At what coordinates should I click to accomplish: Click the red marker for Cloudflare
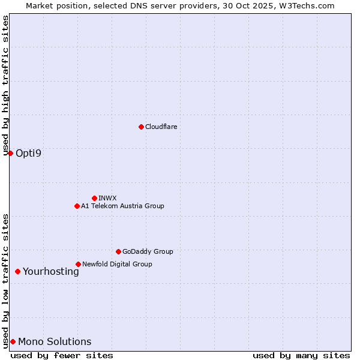141,127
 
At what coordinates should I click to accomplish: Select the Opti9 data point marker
10,153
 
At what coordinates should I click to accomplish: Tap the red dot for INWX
94,198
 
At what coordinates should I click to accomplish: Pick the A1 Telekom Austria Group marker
77,206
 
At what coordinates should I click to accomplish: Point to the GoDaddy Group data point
118,251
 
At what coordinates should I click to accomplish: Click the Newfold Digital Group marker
78,264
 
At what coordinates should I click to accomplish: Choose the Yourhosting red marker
17,271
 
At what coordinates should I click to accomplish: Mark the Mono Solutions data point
13,341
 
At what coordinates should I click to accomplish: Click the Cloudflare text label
161,127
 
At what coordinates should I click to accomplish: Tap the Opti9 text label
28,153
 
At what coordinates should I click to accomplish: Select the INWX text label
107,198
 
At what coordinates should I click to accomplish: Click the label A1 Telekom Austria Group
122,206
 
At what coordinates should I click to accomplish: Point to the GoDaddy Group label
148,251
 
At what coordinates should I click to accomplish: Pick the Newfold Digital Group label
117,264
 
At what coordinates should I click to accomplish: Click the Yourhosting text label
50,271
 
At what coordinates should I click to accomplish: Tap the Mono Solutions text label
55,341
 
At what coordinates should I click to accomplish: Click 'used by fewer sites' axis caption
62,355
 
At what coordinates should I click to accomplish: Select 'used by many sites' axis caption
301,355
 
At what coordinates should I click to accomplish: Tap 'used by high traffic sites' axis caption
5,86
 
